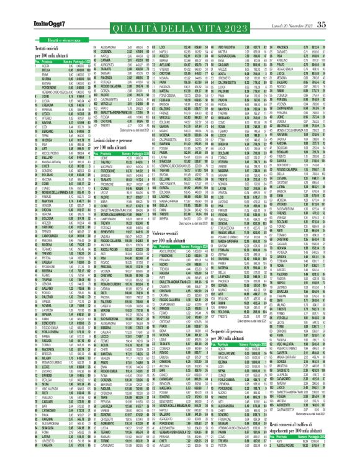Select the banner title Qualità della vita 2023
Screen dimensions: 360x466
tap(180, 20)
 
